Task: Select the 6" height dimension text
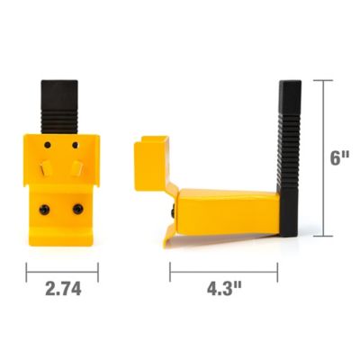pos(338,158)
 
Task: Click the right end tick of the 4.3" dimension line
pos(278,270)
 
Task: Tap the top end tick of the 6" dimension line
pos(322,80)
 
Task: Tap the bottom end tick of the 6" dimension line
pos(322,237)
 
